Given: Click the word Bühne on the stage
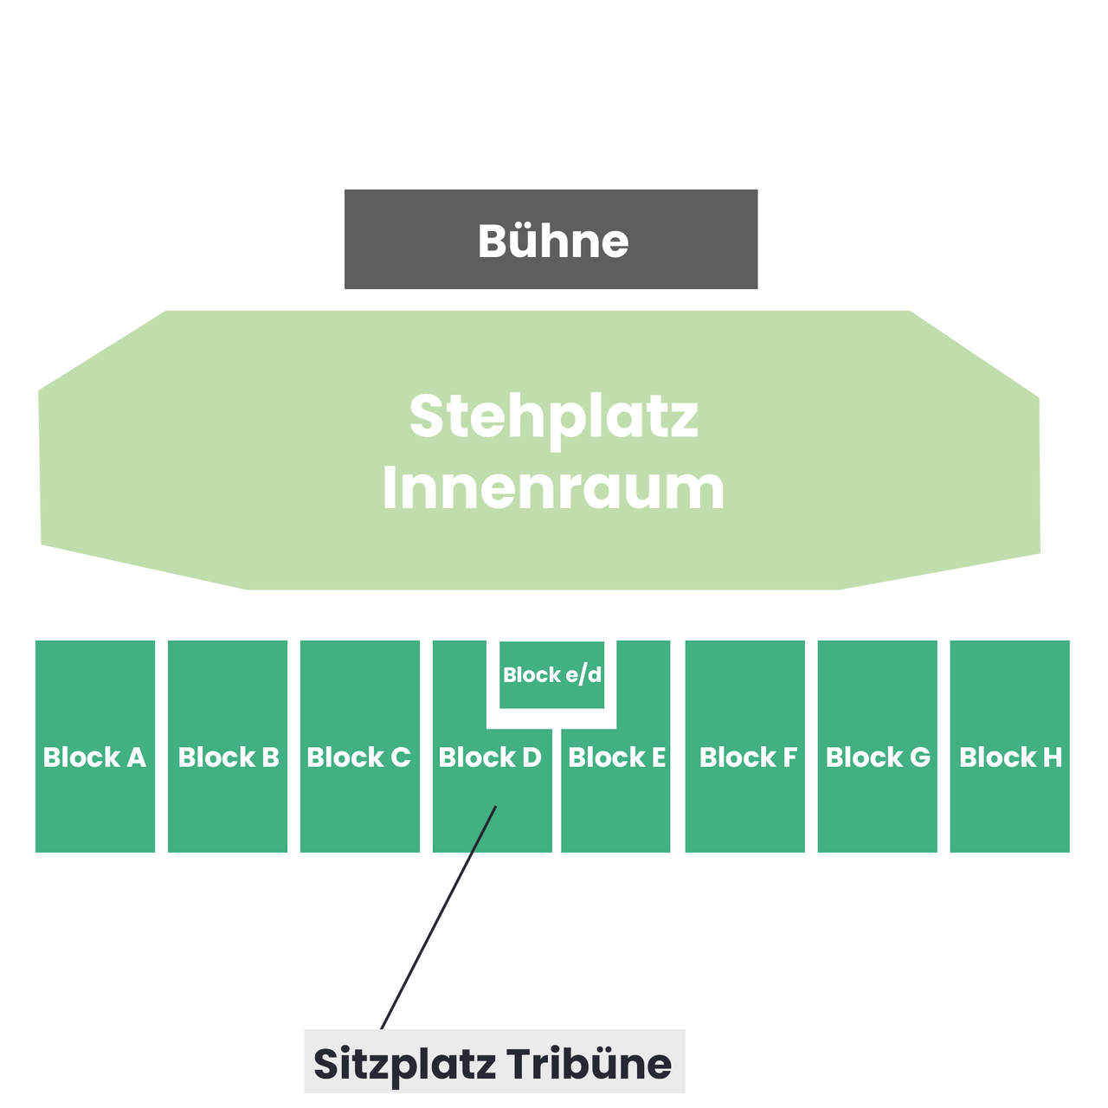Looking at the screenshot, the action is [x=552, y=240].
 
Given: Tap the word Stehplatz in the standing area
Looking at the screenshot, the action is [x=554, y=417].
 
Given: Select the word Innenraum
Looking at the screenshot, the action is [x=553, y=488].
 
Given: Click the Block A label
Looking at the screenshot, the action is [x=95, y=757].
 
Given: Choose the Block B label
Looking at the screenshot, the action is [x=229, y=757].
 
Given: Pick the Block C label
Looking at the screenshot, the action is [x=358, y=757].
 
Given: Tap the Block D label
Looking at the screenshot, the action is [x=490, y=757].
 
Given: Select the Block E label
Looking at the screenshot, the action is [x=617, y=757].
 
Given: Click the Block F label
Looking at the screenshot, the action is [x=748, y=757].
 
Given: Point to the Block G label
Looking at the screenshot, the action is [x=878, y=757].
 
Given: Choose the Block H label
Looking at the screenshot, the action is [x=1010, y=757].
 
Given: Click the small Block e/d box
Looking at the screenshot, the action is [x=552, y=674].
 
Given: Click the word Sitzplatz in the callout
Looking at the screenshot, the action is [x=405, y=1066].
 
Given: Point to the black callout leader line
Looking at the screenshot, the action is [x=438, y=918].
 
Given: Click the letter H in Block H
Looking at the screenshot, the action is [x=1052, y=757].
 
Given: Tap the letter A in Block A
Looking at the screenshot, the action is [x=136, y=757].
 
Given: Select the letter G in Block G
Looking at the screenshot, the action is [x=919, y=757].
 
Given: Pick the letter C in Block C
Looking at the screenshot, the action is [x=400, y=757].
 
